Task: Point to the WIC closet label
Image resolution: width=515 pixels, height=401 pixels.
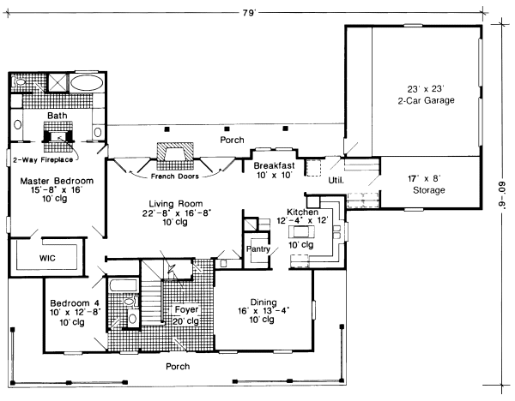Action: [x=48, y=255]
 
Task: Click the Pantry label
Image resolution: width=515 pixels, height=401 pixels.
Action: [x=258, y=249]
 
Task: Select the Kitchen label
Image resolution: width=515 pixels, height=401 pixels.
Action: [x=303, y=211]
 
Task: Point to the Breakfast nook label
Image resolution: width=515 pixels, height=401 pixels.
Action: [x=275, y=165]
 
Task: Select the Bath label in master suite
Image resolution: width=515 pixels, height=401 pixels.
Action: [x=58, y=116]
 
